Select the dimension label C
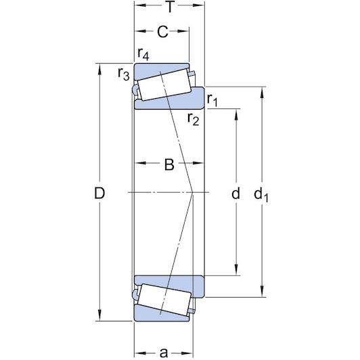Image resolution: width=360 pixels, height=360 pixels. (162, 31)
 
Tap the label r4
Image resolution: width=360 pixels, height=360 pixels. (143, 53)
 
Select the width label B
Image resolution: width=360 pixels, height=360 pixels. (169, 164)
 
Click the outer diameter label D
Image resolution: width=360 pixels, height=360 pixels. (100, 194)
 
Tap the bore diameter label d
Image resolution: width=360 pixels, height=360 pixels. (235, 194)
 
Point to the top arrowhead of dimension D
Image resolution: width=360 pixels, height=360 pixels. (100, 68)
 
